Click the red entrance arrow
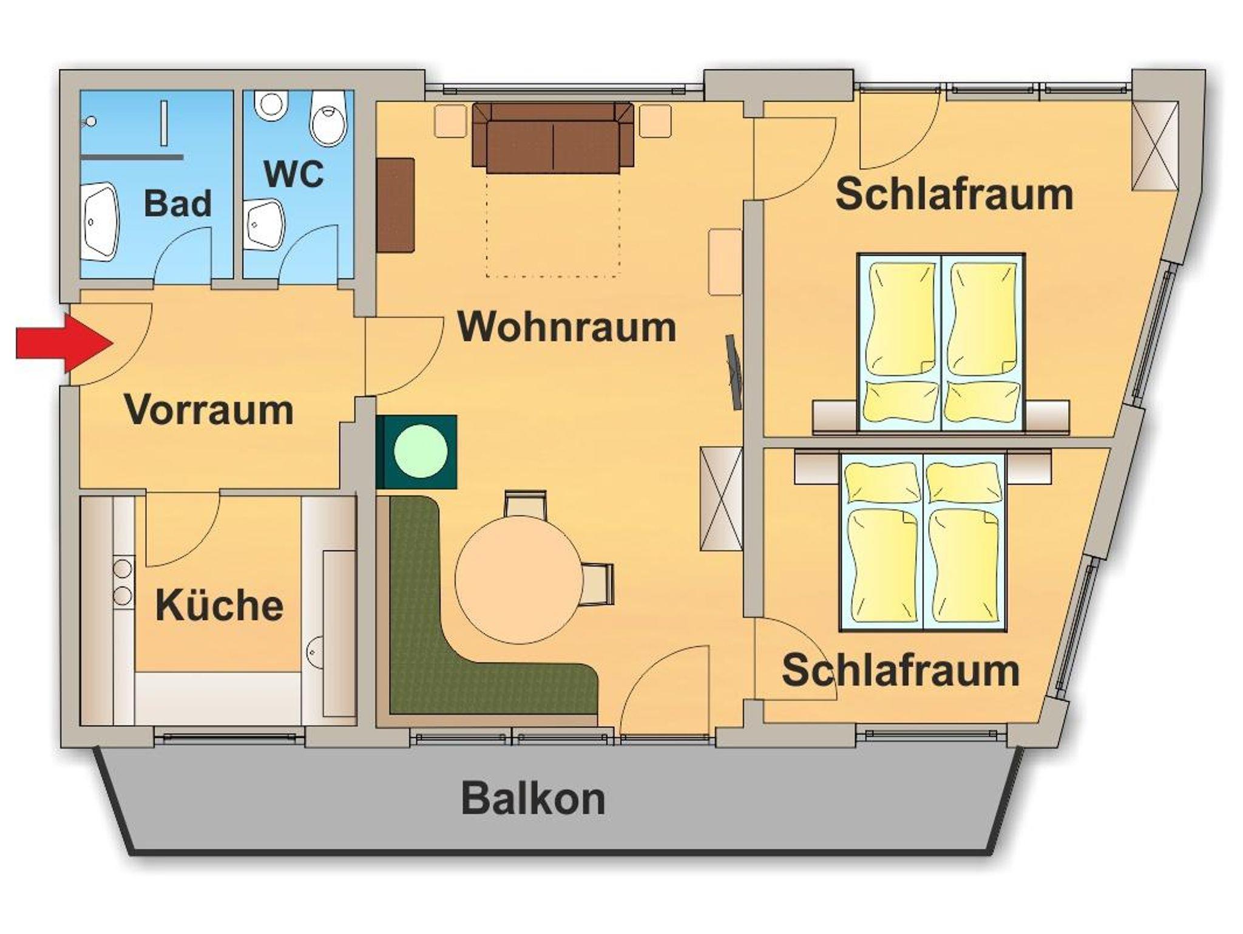point(64,343)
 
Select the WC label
point(294,174)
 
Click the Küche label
point(220,605)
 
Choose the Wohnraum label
point(567,327)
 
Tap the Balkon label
point(533,799)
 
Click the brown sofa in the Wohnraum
point(553,137)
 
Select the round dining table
point(520,579)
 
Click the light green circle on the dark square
point(421,451)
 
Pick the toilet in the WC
point(328,118)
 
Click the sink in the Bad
point(100,221)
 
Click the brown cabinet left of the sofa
point(396,205)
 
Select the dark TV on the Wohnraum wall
point(734,372)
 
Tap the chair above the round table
point(526,504)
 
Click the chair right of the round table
point(598,584)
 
